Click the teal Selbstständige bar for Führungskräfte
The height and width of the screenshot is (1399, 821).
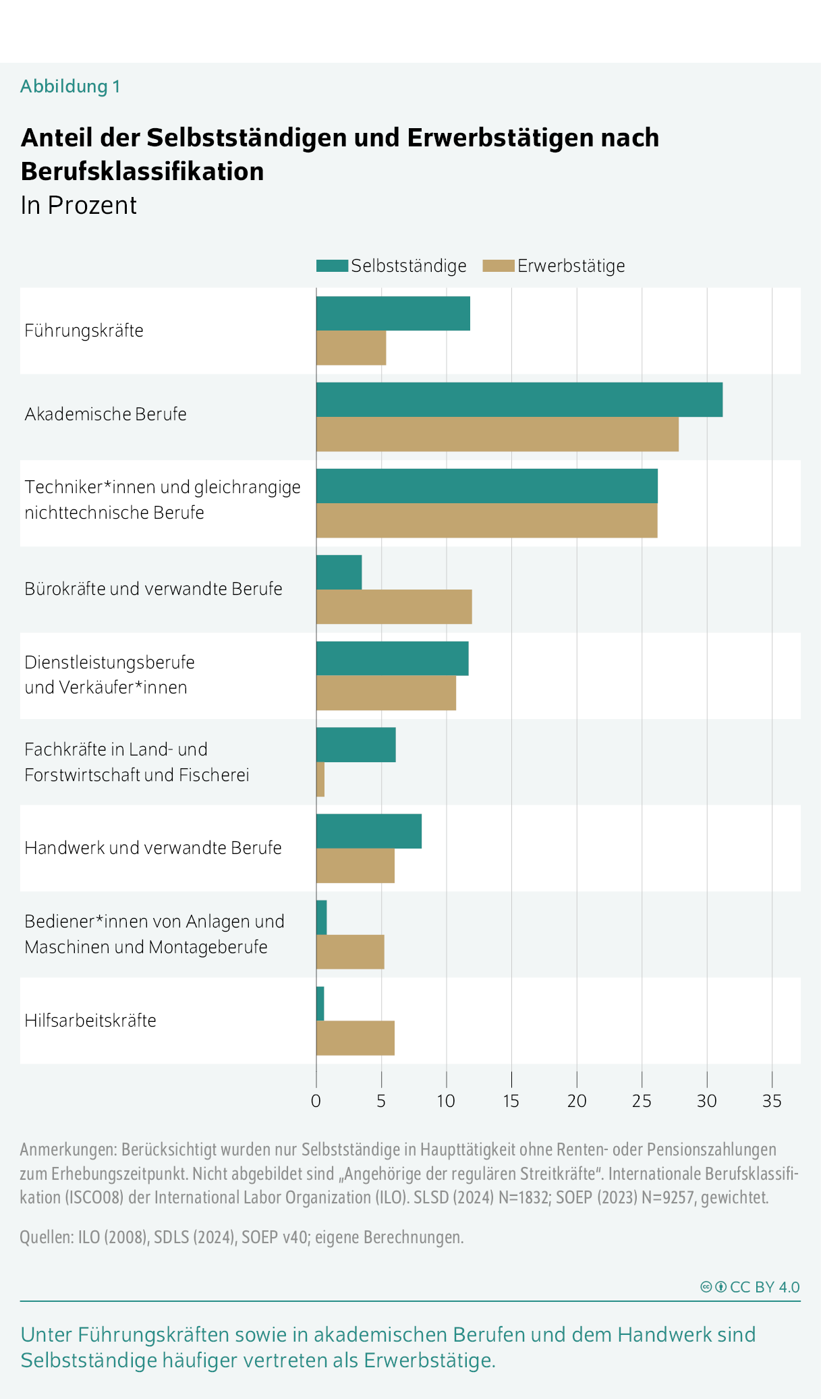tap(393, 314)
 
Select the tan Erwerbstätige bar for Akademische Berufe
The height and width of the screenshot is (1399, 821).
tap(497, 434)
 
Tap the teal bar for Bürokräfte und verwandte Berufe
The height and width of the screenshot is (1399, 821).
tap(339, 572)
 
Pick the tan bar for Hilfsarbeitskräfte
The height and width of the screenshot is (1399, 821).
tap(356, 1038)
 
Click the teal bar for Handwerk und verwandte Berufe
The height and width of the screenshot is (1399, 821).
tap(369, 831)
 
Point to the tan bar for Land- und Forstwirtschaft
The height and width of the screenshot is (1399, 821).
tap(320, 780)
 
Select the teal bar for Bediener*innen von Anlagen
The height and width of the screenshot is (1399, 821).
tap(322, 917)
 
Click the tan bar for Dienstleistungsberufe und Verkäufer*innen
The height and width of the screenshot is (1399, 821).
tap(386, 693)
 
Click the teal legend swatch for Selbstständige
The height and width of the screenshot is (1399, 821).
tap(332, 266)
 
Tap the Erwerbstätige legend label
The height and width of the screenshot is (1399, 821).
tap(571, 266)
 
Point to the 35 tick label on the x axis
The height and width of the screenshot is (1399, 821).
tap(772, 1102)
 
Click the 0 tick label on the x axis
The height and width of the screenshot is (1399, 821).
tap(316, 1102)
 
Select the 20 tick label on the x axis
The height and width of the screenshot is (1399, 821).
tap(577, 1102)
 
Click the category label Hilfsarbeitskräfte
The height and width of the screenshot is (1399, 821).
tap(90, 1021)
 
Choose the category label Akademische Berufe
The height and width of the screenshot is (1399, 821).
tap(105, 414)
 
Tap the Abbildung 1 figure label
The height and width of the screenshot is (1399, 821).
tap(70, 87)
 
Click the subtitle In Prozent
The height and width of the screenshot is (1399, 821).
tap(78, 206)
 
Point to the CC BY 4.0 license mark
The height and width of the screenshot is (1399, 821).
tap(750, 1287)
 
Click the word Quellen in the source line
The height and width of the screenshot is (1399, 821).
tap(45, 1237)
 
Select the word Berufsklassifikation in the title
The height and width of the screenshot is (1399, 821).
tap(142, 172)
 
